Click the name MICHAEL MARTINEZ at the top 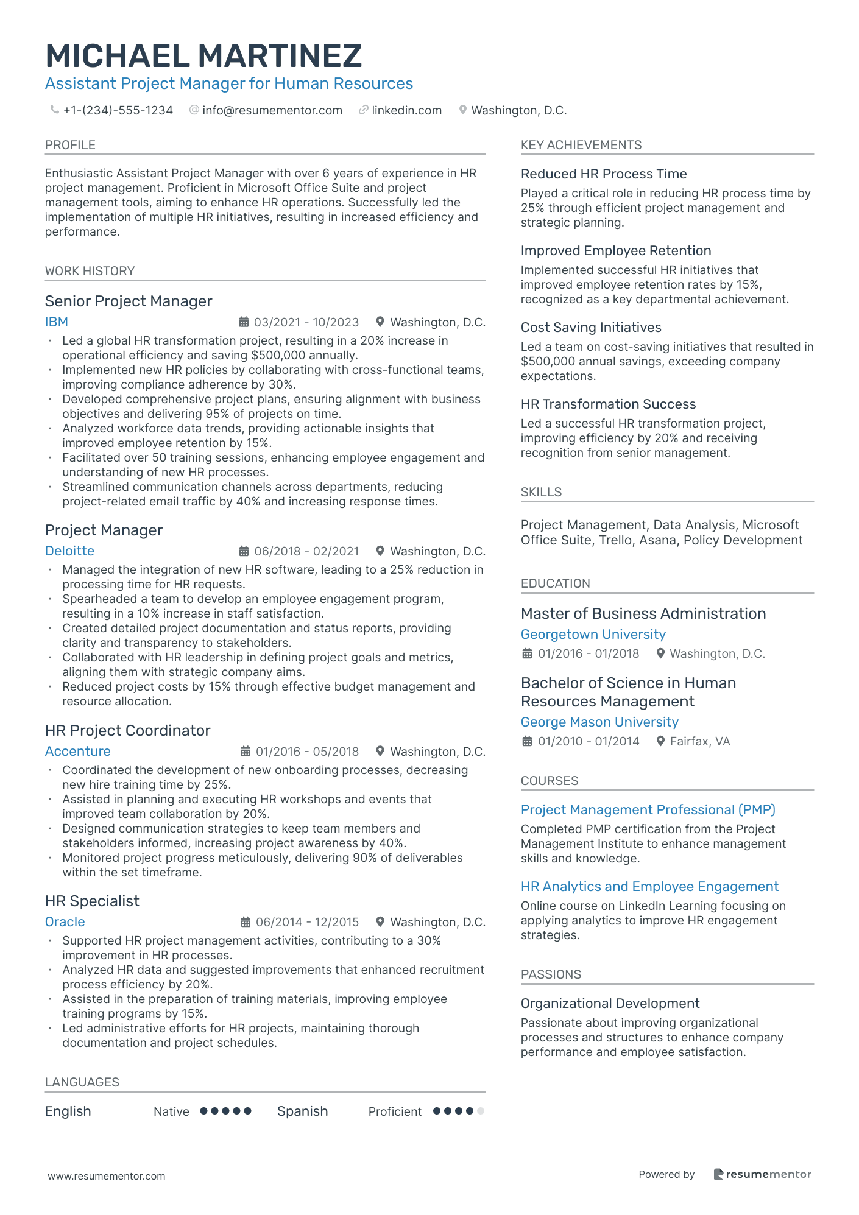point(203,56)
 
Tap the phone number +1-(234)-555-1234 point(118,110)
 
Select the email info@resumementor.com point(272,110)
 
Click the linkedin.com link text point(406,110)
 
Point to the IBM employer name point(56,322)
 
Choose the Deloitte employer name point(69,551)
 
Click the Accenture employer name point(77,751)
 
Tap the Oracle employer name point(65,921)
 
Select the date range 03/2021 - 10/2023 point(306,322)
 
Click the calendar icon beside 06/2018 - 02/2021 point(244,551)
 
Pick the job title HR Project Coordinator point(127,730)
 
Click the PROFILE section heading point(70,145)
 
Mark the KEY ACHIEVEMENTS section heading point(581,145)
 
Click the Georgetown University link point(593,634)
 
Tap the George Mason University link point(599,722)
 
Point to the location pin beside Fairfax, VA point(660,741)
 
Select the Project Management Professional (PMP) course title point(648,809)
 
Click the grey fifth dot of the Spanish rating point(481,1111)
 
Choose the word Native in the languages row point(171,1111)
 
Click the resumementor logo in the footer point(762,1174)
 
